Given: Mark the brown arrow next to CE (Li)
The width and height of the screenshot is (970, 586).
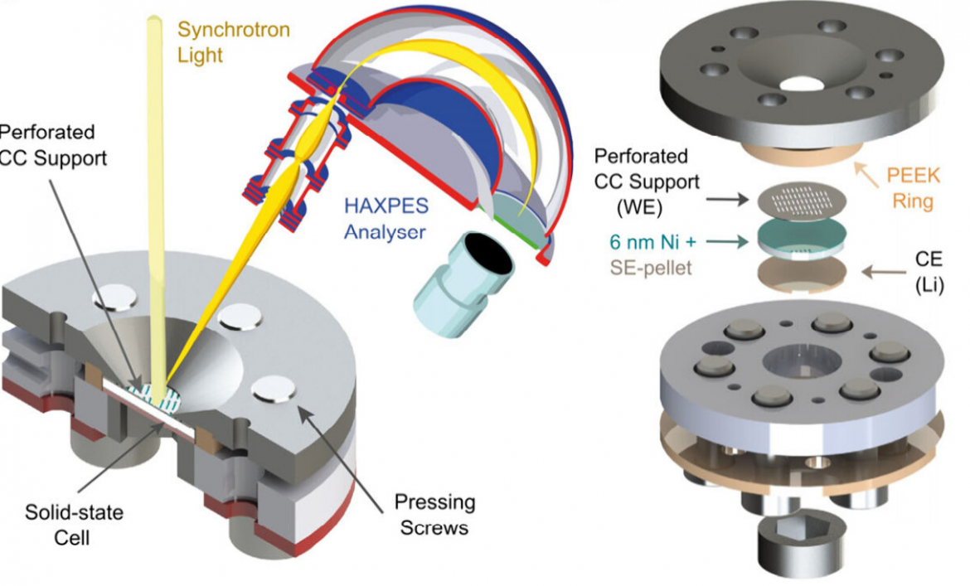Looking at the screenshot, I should (881, 270).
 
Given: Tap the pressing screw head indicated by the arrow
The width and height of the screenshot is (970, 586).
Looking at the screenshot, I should (275, 389).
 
